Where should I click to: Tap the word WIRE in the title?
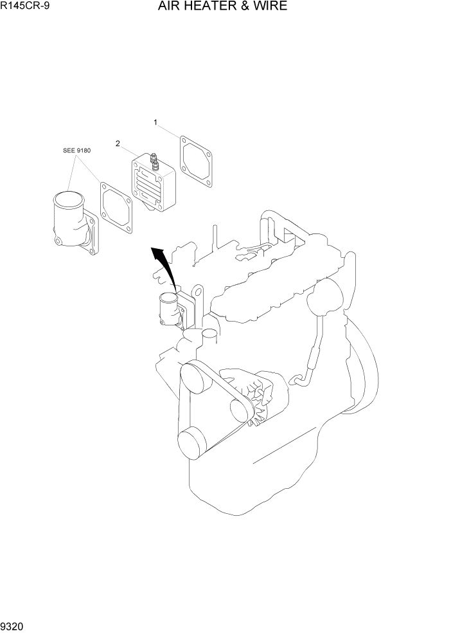point(270,6)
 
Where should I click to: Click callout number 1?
point(155,121)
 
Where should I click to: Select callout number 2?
point(118,143)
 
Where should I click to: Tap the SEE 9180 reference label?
point(77,150)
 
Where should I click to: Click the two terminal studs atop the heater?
point(154,160)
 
